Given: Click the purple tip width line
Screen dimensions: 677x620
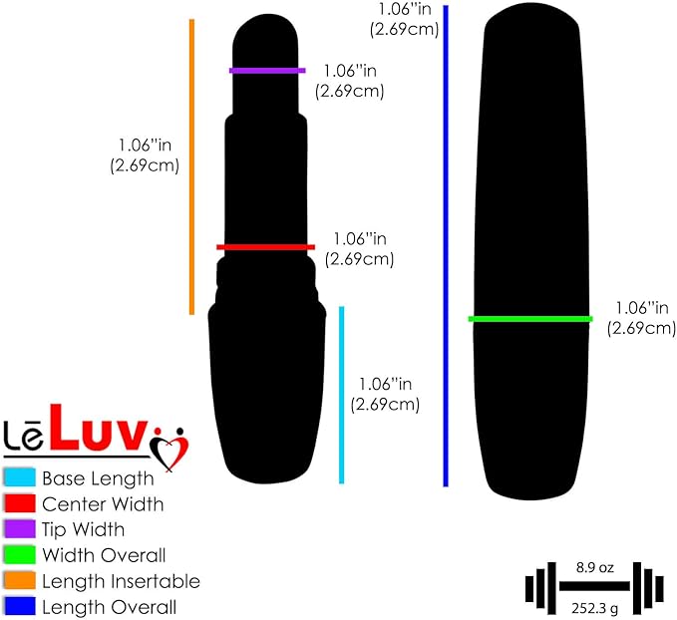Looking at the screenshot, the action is pyautogui.click(x=267, y=71).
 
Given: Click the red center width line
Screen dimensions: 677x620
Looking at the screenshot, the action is pyautogui.click(x=265, y=247).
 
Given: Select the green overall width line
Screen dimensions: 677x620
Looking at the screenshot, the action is pyautogui.click(x=530, y=319).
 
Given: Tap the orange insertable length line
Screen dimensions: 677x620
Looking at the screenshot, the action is pyautogui.click(x=192, y=166).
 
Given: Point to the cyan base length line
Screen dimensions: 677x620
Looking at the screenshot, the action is pyautogui.click(x=342, y=395).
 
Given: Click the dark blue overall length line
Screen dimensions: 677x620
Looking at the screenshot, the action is pyautogui.click(x=446, y=246).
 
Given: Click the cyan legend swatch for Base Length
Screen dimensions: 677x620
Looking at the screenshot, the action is pyautogui.click(x=19, y=477).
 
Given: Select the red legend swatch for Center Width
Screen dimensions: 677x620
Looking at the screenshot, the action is pyautogui.click(x=19, y=503).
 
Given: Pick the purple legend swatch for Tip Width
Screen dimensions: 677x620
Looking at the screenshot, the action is pyautogui.click(x=19, y=529).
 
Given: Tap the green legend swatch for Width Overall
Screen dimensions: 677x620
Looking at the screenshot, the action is pyautogui.click(x=19, y=555).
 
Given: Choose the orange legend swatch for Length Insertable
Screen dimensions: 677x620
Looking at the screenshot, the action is pyautogui.click(x=19, y=580).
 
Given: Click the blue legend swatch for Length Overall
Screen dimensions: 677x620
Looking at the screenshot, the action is pyautogui.click(x=19, y=606).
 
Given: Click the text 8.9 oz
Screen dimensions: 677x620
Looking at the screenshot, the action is pyautogui.click(x=594, y=567).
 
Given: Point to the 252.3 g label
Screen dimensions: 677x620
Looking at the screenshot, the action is pyautogui.click(x=594, y=608).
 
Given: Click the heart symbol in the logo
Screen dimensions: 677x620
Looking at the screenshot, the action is pyautogui.click(x=169, y=449).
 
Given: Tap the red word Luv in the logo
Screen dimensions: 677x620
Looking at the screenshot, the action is pyautogui.click(x=98, y=428).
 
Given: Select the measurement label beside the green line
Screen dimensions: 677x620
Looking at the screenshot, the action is pyautogui.click(x=641, y=318).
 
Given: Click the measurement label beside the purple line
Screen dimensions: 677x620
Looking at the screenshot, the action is pyautogui.click(x=350, y=81).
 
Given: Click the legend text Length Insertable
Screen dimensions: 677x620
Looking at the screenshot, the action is pyautogui.click(x=121, y=581).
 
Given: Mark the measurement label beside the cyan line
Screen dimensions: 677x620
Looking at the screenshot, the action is pyautogui.click(x=385, y=394).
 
